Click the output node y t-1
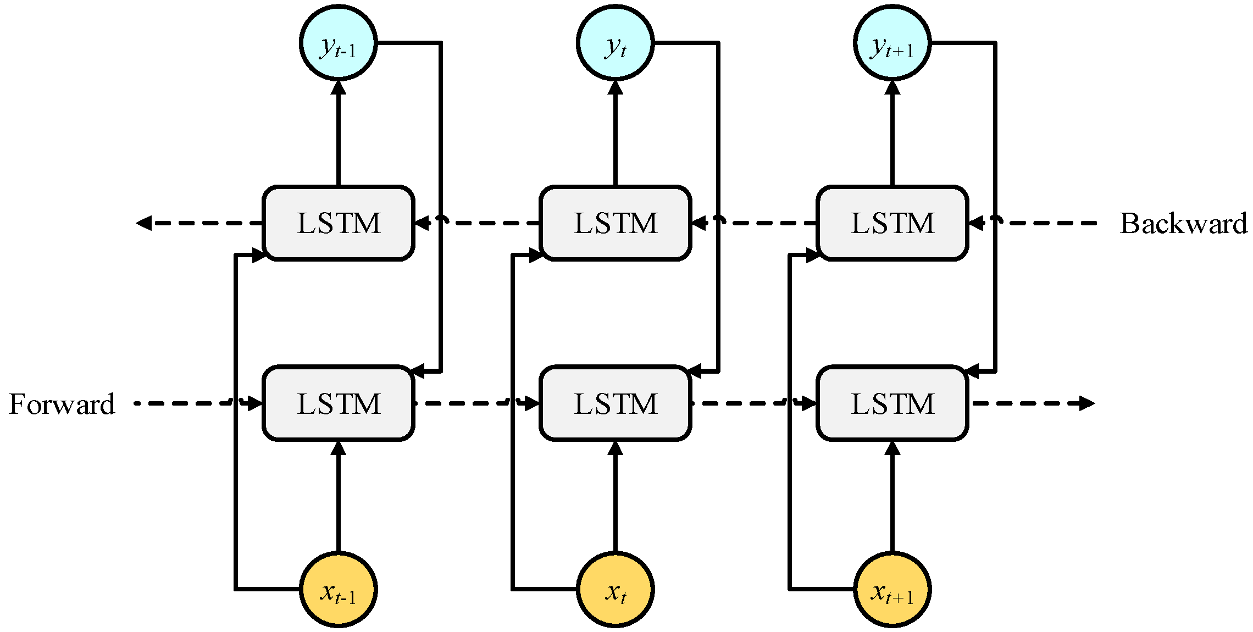339,43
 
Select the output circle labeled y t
616,43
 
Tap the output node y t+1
892,43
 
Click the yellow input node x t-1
339,589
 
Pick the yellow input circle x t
616,589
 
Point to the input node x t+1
892,589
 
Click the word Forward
62,404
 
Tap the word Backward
1183,223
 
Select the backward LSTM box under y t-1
339,223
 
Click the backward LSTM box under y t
616,223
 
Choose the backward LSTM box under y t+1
892,223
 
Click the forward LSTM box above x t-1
339,403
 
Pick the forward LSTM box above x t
616,403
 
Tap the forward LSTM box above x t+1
892,403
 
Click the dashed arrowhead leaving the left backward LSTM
144,223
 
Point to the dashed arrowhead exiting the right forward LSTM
1086,403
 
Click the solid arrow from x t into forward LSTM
616,495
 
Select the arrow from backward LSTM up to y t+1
892,132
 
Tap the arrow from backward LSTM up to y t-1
339,132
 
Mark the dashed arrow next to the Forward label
187,403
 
